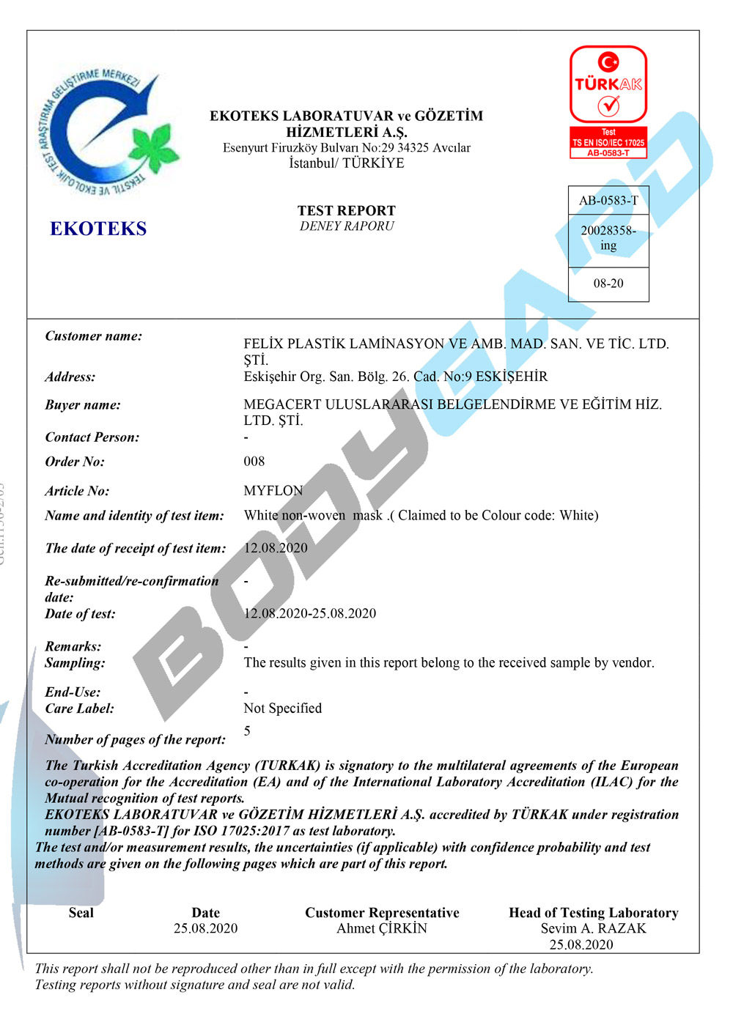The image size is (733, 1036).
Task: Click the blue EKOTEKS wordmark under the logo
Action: (x=98, y=229)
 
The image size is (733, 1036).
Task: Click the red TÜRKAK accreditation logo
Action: (x=608, y=84)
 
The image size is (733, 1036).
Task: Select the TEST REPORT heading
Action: (x=347, y=210)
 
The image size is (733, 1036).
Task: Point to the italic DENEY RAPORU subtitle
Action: (x=347, y=226)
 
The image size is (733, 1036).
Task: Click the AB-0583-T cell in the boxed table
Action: (x=608, y=201)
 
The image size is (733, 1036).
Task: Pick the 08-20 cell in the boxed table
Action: (x=608, y=284)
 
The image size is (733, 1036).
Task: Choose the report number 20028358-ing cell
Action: (x=608, y=238)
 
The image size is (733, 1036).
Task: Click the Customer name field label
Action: (x=94, y=336)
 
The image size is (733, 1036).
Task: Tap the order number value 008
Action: (x=254, y=462)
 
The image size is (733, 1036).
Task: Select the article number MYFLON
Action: (x=273, y=491)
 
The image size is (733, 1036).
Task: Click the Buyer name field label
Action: (x=83, y=405)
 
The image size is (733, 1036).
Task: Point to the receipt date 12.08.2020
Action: (x=276, y=548)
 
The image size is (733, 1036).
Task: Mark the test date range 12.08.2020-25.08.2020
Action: (x=310, y=614)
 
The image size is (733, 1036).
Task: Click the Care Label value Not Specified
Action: (x=283, y=708)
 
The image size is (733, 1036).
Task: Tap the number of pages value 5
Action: (x=247, y=731)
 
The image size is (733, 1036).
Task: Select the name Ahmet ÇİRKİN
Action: (x=382, y=929)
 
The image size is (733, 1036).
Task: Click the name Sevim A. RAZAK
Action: (x=594, y=929)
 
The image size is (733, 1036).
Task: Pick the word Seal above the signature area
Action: (x=81, y=913)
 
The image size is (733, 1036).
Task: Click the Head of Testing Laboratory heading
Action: (x=594, y=913)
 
